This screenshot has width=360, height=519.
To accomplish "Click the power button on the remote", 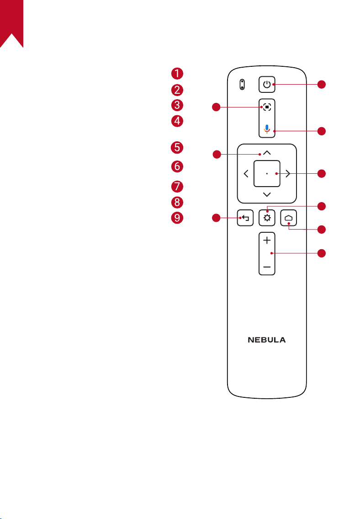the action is pyautogui.click(x=267, y=85).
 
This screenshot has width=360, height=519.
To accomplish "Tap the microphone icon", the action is pyautogui.click(x=267, y=129).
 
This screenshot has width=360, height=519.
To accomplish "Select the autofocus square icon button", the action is pyautogui.click(x=267, y=107).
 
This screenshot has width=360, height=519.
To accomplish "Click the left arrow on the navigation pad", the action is pyautogui.click(x=246, y=173).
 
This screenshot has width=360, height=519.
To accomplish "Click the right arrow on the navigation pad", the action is pyautogui.click(x=288, y=173).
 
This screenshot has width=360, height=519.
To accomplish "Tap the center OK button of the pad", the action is pyautogui.click(x=267, y=173).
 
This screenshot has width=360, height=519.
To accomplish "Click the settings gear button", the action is pyautogui.click(x=267, y=218).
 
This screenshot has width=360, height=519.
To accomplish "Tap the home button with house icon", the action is pyautogui.click(x=289, y=218).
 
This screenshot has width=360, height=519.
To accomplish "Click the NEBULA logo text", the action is pyautogui.click(x=267, y=340).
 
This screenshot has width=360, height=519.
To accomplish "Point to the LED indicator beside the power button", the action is pyautogui.click(x=242, y=85).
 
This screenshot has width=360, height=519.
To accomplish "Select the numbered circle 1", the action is pyautogui.click(x=177, y=74).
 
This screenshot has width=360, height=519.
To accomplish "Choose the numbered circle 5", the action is pyautogui.click(x=177, y=147).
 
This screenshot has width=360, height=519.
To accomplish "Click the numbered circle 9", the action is pyautogui.click(x=177, y=218).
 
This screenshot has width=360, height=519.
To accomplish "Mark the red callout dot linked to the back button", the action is pyautogui.click(x=216, y=218).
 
